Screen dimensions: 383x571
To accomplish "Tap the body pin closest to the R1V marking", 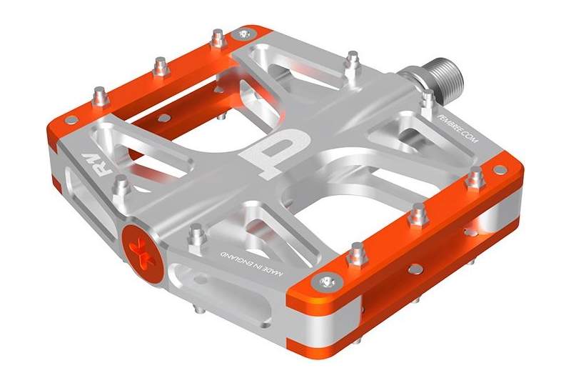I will [x=122, y=186].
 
